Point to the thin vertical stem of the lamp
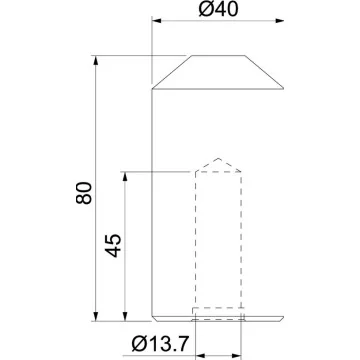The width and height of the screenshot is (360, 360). click(x=151, y=200)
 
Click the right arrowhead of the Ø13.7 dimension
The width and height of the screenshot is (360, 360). click(x=239, y=352)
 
